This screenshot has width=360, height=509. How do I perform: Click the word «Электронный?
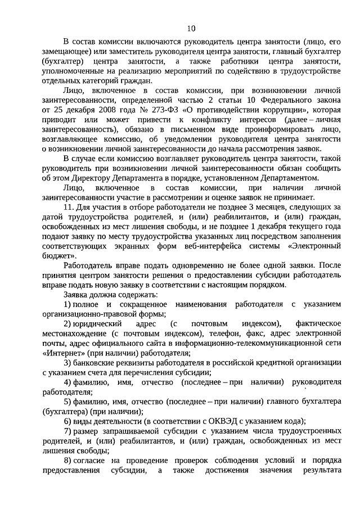tap(313, 246)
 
